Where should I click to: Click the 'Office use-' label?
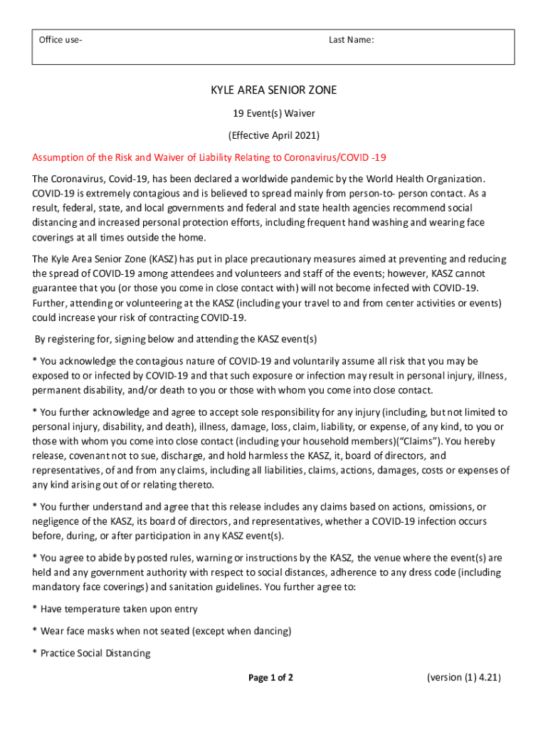click(x=60, y=40)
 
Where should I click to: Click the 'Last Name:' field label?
click(x=351, y=40)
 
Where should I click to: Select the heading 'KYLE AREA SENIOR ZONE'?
click(x=273, y=90)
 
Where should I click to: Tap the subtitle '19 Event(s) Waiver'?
click(x=273, y=112)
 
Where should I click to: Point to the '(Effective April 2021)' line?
click(x=273, y=135)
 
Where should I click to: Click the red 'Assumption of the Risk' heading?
click(x=209, y=157)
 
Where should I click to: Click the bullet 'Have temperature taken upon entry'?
click(x=119, y=609)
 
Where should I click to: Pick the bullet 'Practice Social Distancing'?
click(x=95, y=653)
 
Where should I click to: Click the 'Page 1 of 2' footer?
click(x=270, y=678)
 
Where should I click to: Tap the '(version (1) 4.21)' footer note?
click(x=464, y=677)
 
